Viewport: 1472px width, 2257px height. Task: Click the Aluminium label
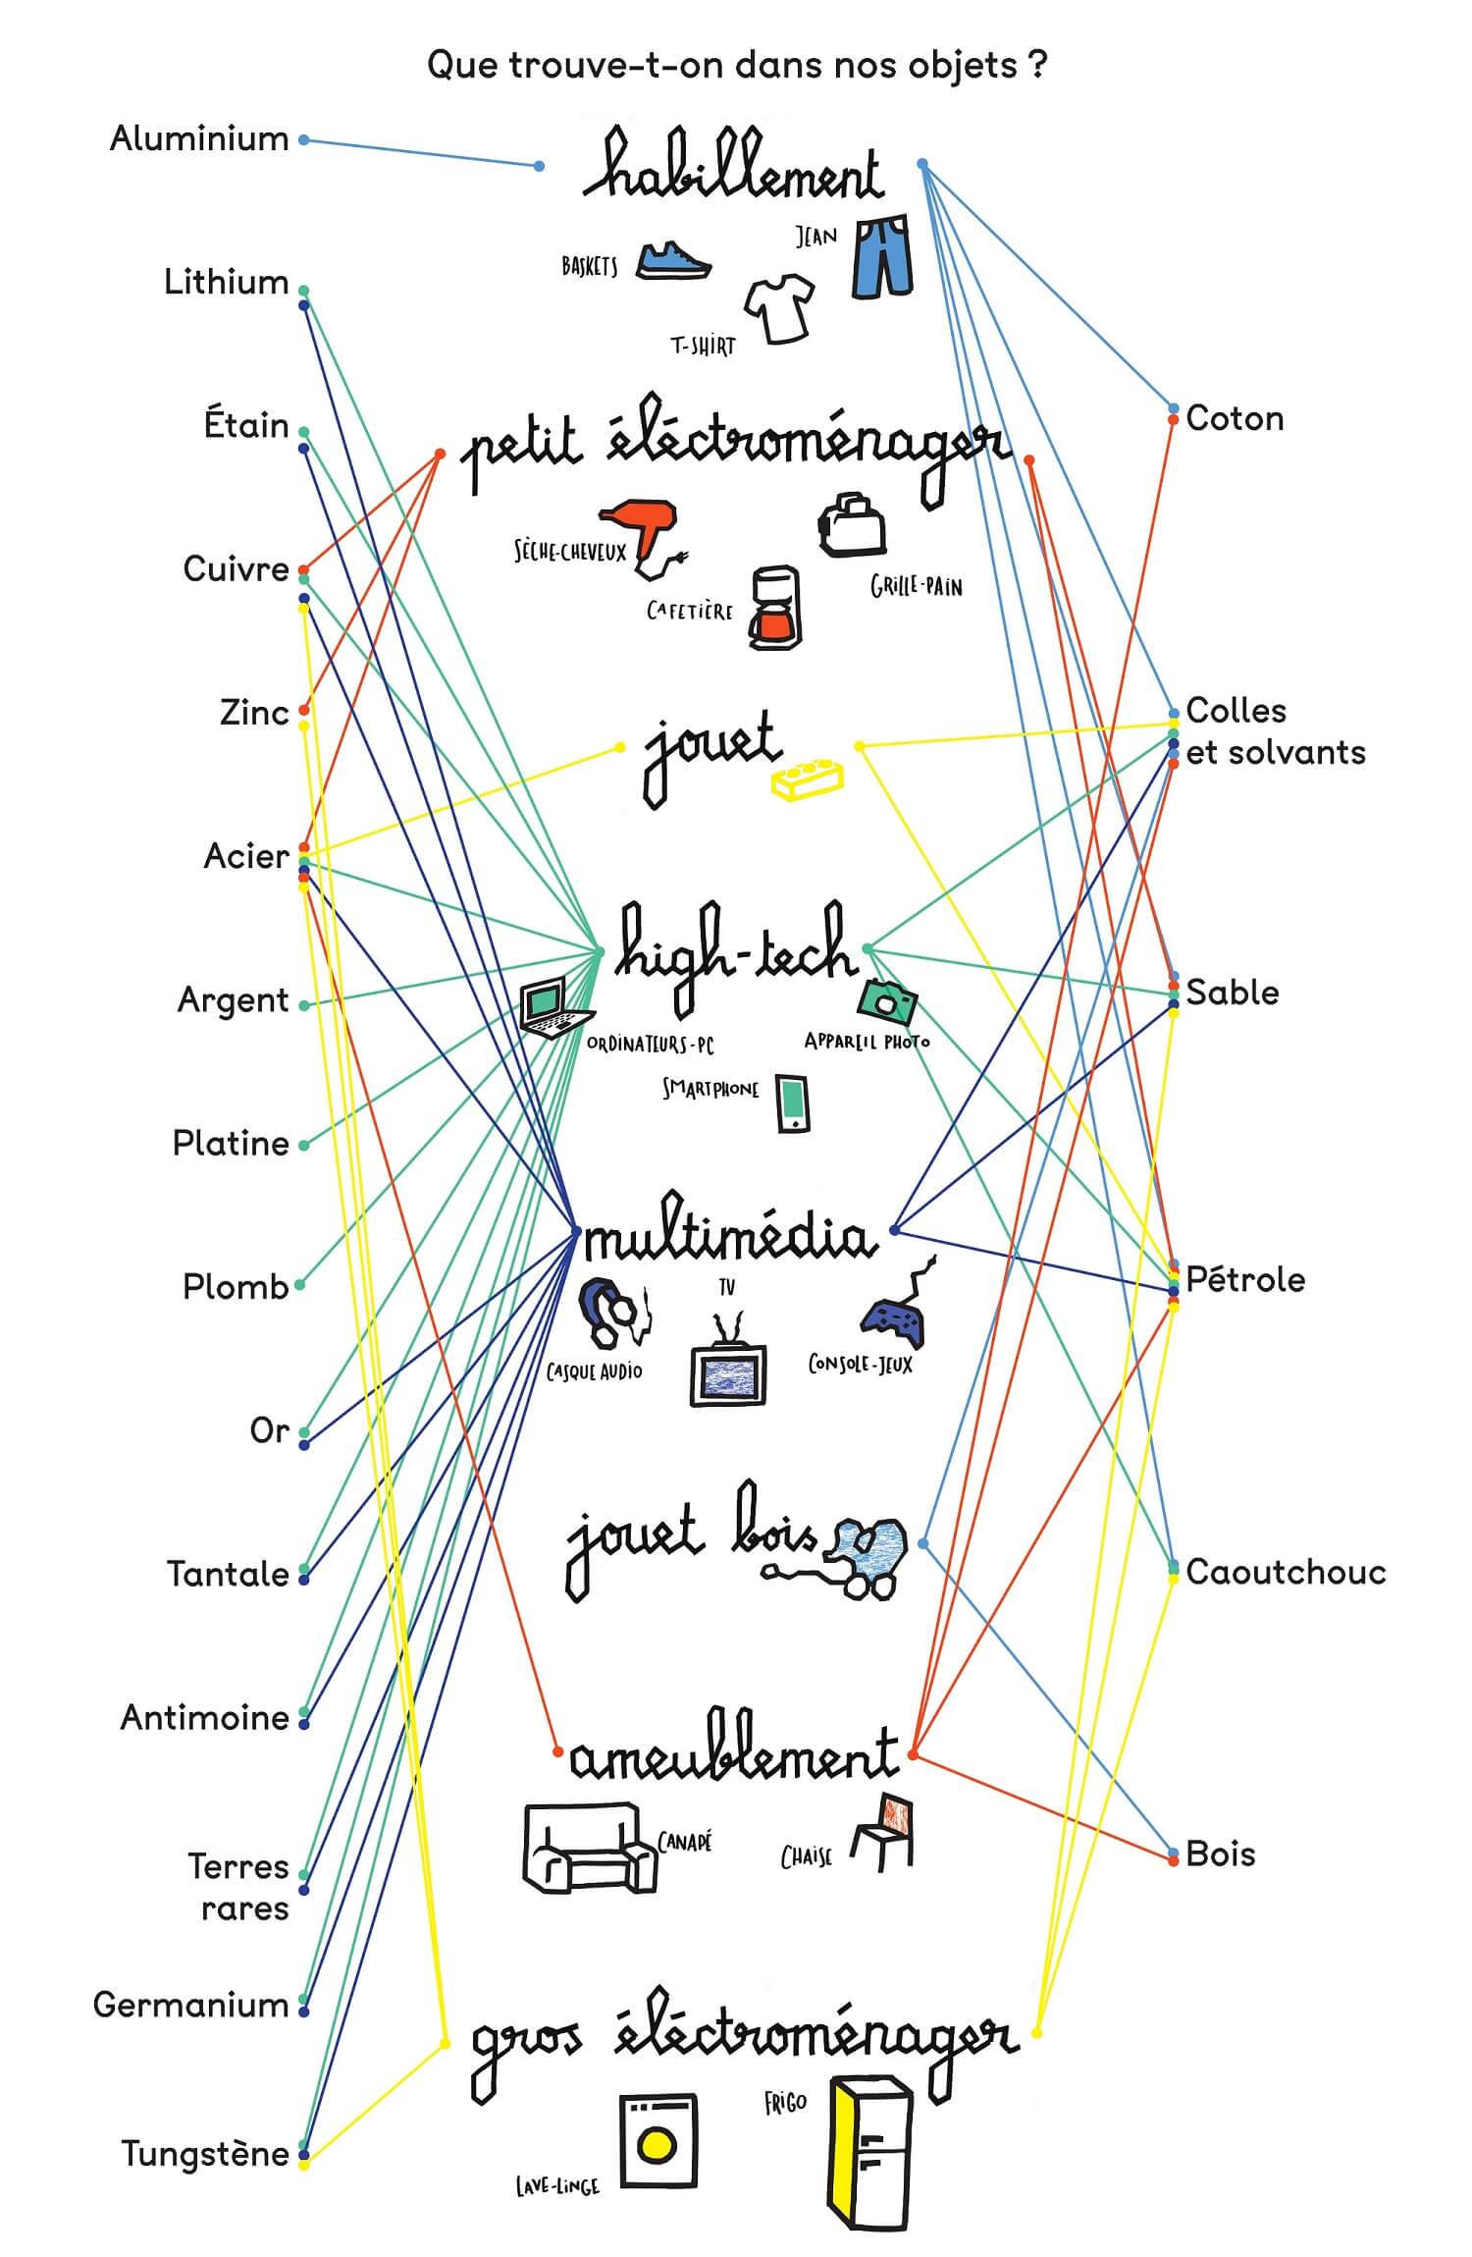pyautogui.click(x=199, y=139)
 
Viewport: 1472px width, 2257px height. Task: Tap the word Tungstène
pyautogui.click(x=205, y=2154)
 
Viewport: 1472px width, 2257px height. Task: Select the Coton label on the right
pyautogui.click(x=1235, y=419)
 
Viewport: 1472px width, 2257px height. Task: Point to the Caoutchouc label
pyautogui.click(x=1286, y=1572)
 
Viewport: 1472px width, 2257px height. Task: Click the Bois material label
pyautogui.click(x=1221, y=1854)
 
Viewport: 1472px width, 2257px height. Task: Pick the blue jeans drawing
pyautogui.click(x=883, y=257)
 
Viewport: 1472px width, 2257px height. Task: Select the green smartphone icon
pyautogui.click(x=793, y=1103)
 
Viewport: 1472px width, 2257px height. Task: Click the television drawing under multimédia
pyautogui.click(x=727, y=1368)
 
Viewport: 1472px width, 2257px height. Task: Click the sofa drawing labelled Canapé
pyautogui.click(x=589, y=1846)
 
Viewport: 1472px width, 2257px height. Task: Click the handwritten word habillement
pyautogui.click(x=733, y=169)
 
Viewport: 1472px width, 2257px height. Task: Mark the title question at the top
pyautogui.click(x=737, y=66)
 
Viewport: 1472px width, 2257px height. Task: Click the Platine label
pyautogui.click(x=231, y=1144)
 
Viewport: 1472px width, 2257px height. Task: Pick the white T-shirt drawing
pyautogui.click(x=781, y=307)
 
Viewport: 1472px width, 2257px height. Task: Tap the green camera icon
pyautogui.click(x=887, y=1001)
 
